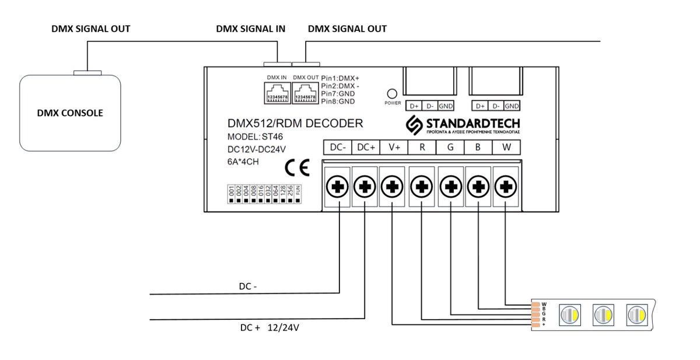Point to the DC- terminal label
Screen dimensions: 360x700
[x=338, y=148]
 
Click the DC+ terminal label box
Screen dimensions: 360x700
[x=366, y=148]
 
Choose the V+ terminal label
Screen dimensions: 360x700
[x=394, y=148]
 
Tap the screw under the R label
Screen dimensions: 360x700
[x=422, y=187]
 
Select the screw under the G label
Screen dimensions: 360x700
[x=450, y=187]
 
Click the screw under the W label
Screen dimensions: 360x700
[x=505, y=187]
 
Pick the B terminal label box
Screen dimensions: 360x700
[x=478, y=148]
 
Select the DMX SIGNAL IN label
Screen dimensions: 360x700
[x=250, y=29]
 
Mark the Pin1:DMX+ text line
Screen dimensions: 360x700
[x=342, y=78]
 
